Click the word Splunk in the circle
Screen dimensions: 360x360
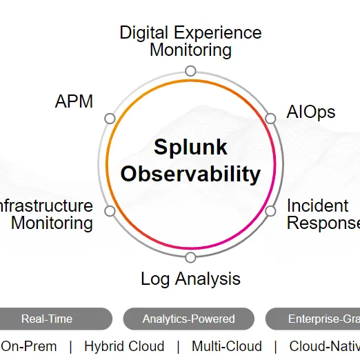point(190,147)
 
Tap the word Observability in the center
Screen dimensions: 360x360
point(190,173)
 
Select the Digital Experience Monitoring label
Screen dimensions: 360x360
point(190,41)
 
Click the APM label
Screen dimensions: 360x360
point(74,102)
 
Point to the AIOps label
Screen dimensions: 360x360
point(311,112)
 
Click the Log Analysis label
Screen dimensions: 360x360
point(190,279)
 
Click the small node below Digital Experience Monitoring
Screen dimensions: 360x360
point(190,71)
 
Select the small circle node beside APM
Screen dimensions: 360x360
point(110,119)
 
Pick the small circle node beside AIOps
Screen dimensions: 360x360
point(271,119)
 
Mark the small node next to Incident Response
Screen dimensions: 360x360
point(271,211)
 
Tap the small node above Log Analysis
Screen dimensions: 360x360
point(190,257)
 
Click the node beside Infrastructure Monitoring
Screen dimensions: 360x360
point(110,211)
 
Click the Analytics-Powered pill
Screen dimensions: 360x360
point(188,319)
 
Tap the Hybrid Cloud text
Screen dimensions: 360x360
point(124,346)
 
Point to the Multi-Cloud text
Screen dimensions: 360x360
point(227,346)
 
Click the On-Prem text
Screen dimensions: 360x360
point(29,346)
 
